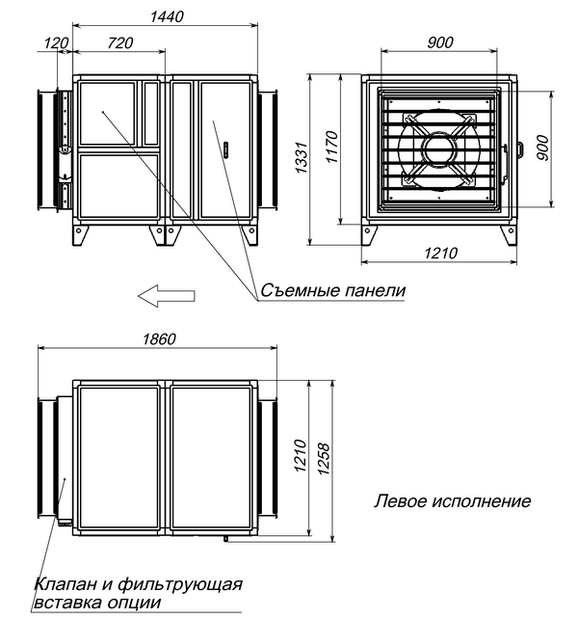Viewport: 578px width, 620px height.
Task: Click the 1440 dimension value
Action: pyautogui.click(x=166, y=17)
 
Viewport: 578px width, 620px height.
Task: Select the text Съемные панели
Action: pyautogui.click(x=327, y=290)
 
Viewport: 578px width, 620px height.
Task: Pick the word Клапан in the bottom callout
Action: pyautogui.click(x=61, y=584)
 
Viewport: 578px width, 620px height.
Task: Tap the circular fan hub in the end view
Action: pyautogui.click(x=439, y=149)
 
